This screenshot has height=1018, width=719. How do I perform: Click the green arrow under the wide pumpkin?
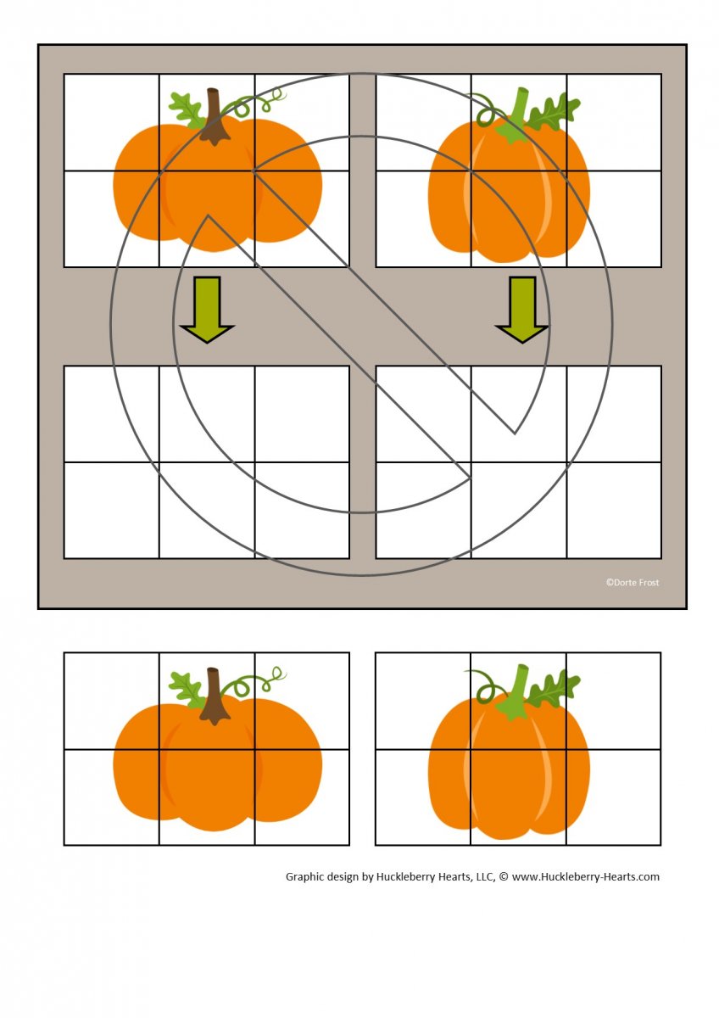[x=207, y=309]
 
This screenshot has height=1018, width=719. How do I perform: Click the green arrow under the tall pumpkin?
[x=522, y=309]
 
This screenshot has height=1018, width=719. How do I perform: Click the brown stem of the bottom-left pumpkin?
[x=213, y=696]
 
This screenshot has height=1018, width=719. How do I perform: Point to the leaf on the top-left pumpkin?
[x=187, y=109]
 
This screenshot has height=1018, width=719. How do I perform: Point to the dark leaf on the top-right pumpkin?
[x=553, y=111]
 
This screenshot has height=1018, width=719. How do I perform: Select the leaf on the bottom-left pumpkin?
[x=187, y=690]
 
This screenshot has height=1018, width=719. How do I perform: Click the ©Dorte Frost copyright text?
[x=633, y=582]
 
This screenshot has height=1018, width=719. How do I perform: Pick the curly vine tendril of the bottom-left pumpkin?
[x=254, y=683]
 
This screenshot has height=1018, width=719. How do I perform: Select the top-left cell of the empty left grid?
[x=112, y=414]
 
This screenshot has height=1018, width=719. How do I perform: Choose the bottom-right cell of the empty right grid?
[x=614, y=510]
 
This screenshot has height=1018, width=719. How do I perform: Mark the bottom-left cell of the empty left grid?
[x=112, y=510]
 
